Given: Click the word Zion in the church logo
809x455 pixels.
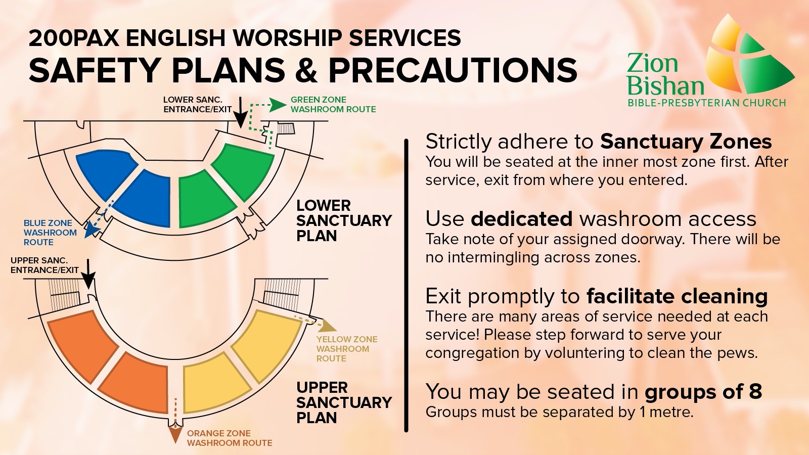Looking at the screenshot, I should pos(652,64).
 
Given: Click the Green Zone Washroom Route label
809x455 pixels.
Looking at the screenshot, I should pos(333,105).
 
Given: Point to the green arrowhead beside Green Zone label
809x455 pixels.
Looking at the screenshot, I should pos(278,105).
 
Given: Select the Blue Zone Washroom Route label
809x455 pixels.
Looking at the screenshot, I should pos(50,233).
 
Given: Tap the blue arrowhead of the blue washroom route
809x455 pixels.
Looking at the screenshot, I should pos(92,231).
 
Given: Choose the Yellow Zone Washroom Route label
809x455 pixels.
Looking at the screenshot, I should pos(346,349).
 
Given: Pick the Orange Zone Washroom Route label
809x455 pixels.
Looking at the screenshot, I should pos(229,438).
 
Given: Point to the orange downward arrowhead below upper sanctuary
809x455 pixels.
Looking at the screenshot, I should pos(175,434).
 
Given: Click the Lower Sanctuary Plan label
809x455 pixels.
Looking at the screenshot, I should pos(343,220).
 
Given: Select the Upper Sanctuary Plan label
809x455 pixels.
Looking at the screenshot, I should pos(343,402).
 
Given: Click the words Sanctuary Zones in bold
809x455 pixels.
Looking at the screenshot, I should pos(686,142).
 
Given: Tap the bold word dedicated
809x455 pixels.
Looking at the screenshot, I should pos(521,219).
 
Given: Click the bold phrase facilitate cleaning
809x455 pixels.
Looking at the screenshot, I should pos(677,296).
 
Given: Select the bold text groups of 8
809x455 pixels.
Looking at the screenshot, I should pos(703,392).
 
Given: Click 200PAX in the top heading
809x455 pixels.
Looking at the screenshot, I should pos(75,38).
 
